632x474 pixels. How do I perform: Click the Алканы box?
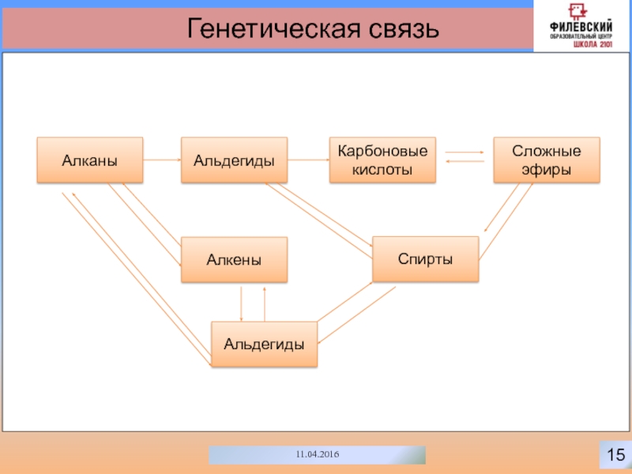point(90,160)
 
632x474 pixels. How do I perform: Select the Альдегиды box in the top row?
point(234,160)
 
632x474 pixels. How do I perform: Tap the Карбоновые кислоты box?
point(382,160)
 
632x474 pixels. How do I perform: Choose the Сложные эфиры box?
point(546,160)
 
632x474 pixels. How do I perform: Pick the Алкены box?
point(234,260)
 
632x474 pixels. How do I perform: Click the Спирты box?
point(425,259)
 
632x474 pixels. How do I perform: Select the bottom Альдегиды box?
point(264,344)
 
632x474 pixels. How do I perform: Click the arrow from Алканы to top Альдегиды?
point(162,160)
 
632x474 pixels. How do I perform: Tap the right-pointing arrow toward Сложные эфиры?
point(465,152)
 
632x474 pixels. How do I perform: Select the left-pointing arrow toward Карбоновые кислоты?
point(465,162)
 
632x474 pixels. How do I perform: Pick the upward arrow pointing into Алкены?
point(265,302)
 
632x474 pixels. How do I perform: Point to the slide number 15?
point(615,454)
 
